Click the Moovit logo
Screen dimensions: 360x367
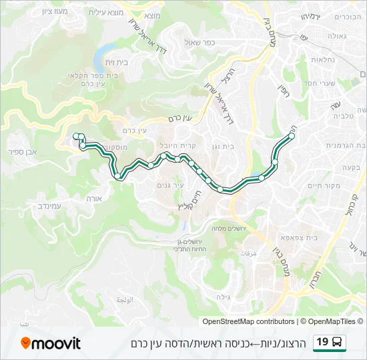51,343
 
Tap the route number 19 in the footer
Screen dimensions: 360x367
322,342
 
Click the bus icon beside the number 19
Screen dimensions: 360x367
338,343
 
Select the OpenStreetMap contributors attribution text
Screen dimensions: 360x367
248,321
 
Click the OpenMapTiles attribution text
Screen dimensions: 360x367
332,321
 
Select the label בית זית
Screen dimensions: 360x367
117,61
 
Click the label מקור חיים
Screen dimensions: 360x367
326,185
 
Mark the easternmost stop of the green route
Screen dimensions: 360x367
292,136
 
